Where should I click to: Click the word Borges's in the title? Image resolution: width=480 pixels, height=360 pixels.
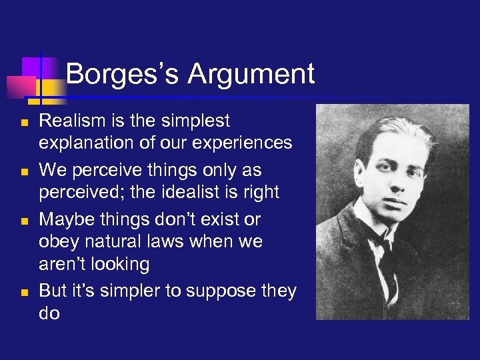[123, 74]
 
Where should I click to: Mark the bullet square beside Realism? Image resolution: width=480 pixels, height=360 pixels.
[24, 123]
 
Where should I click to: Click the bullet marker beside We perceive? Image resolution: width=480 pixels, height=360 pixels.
[24, 172]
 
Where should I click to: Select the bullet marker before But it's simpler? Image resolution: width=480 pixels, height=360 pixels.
[24, 293]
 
